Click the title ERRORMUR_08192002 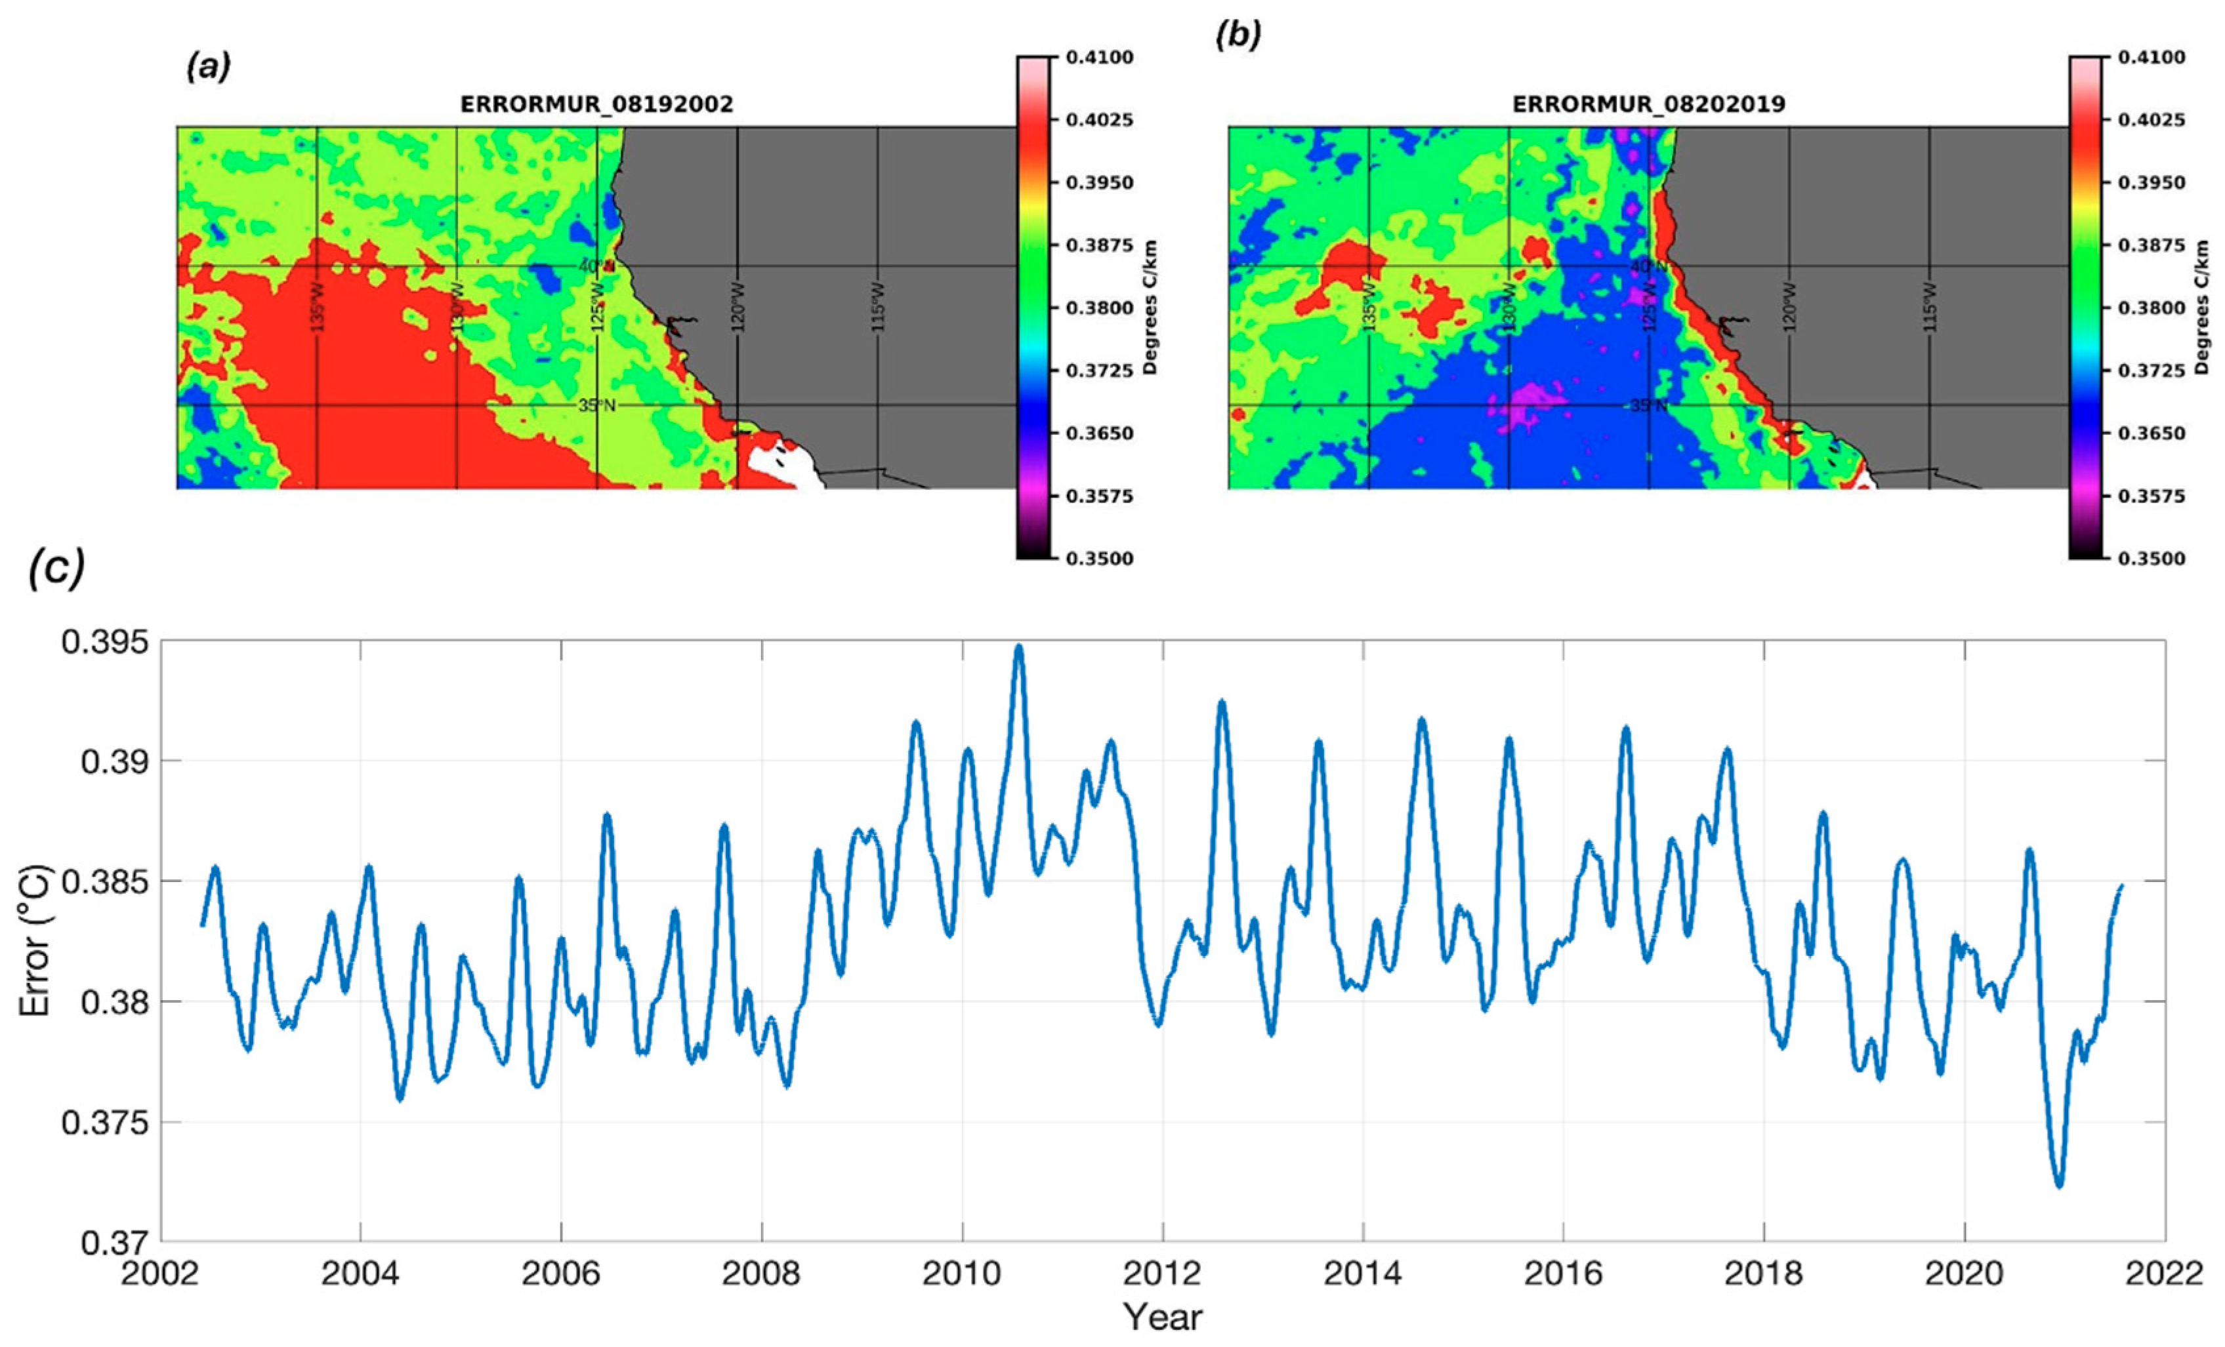[597, 105]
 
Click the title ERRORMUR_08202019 [1649, 105]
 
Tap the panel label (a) [209, 67]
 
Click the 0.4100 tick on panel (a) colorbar [1099, 57]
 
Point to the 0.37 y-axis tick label [114, 1243]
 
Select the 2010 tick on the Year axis [962, 1274]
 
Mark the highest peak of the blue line [1018, 647]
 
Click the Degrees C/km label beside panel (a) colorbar [1150, 307]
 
